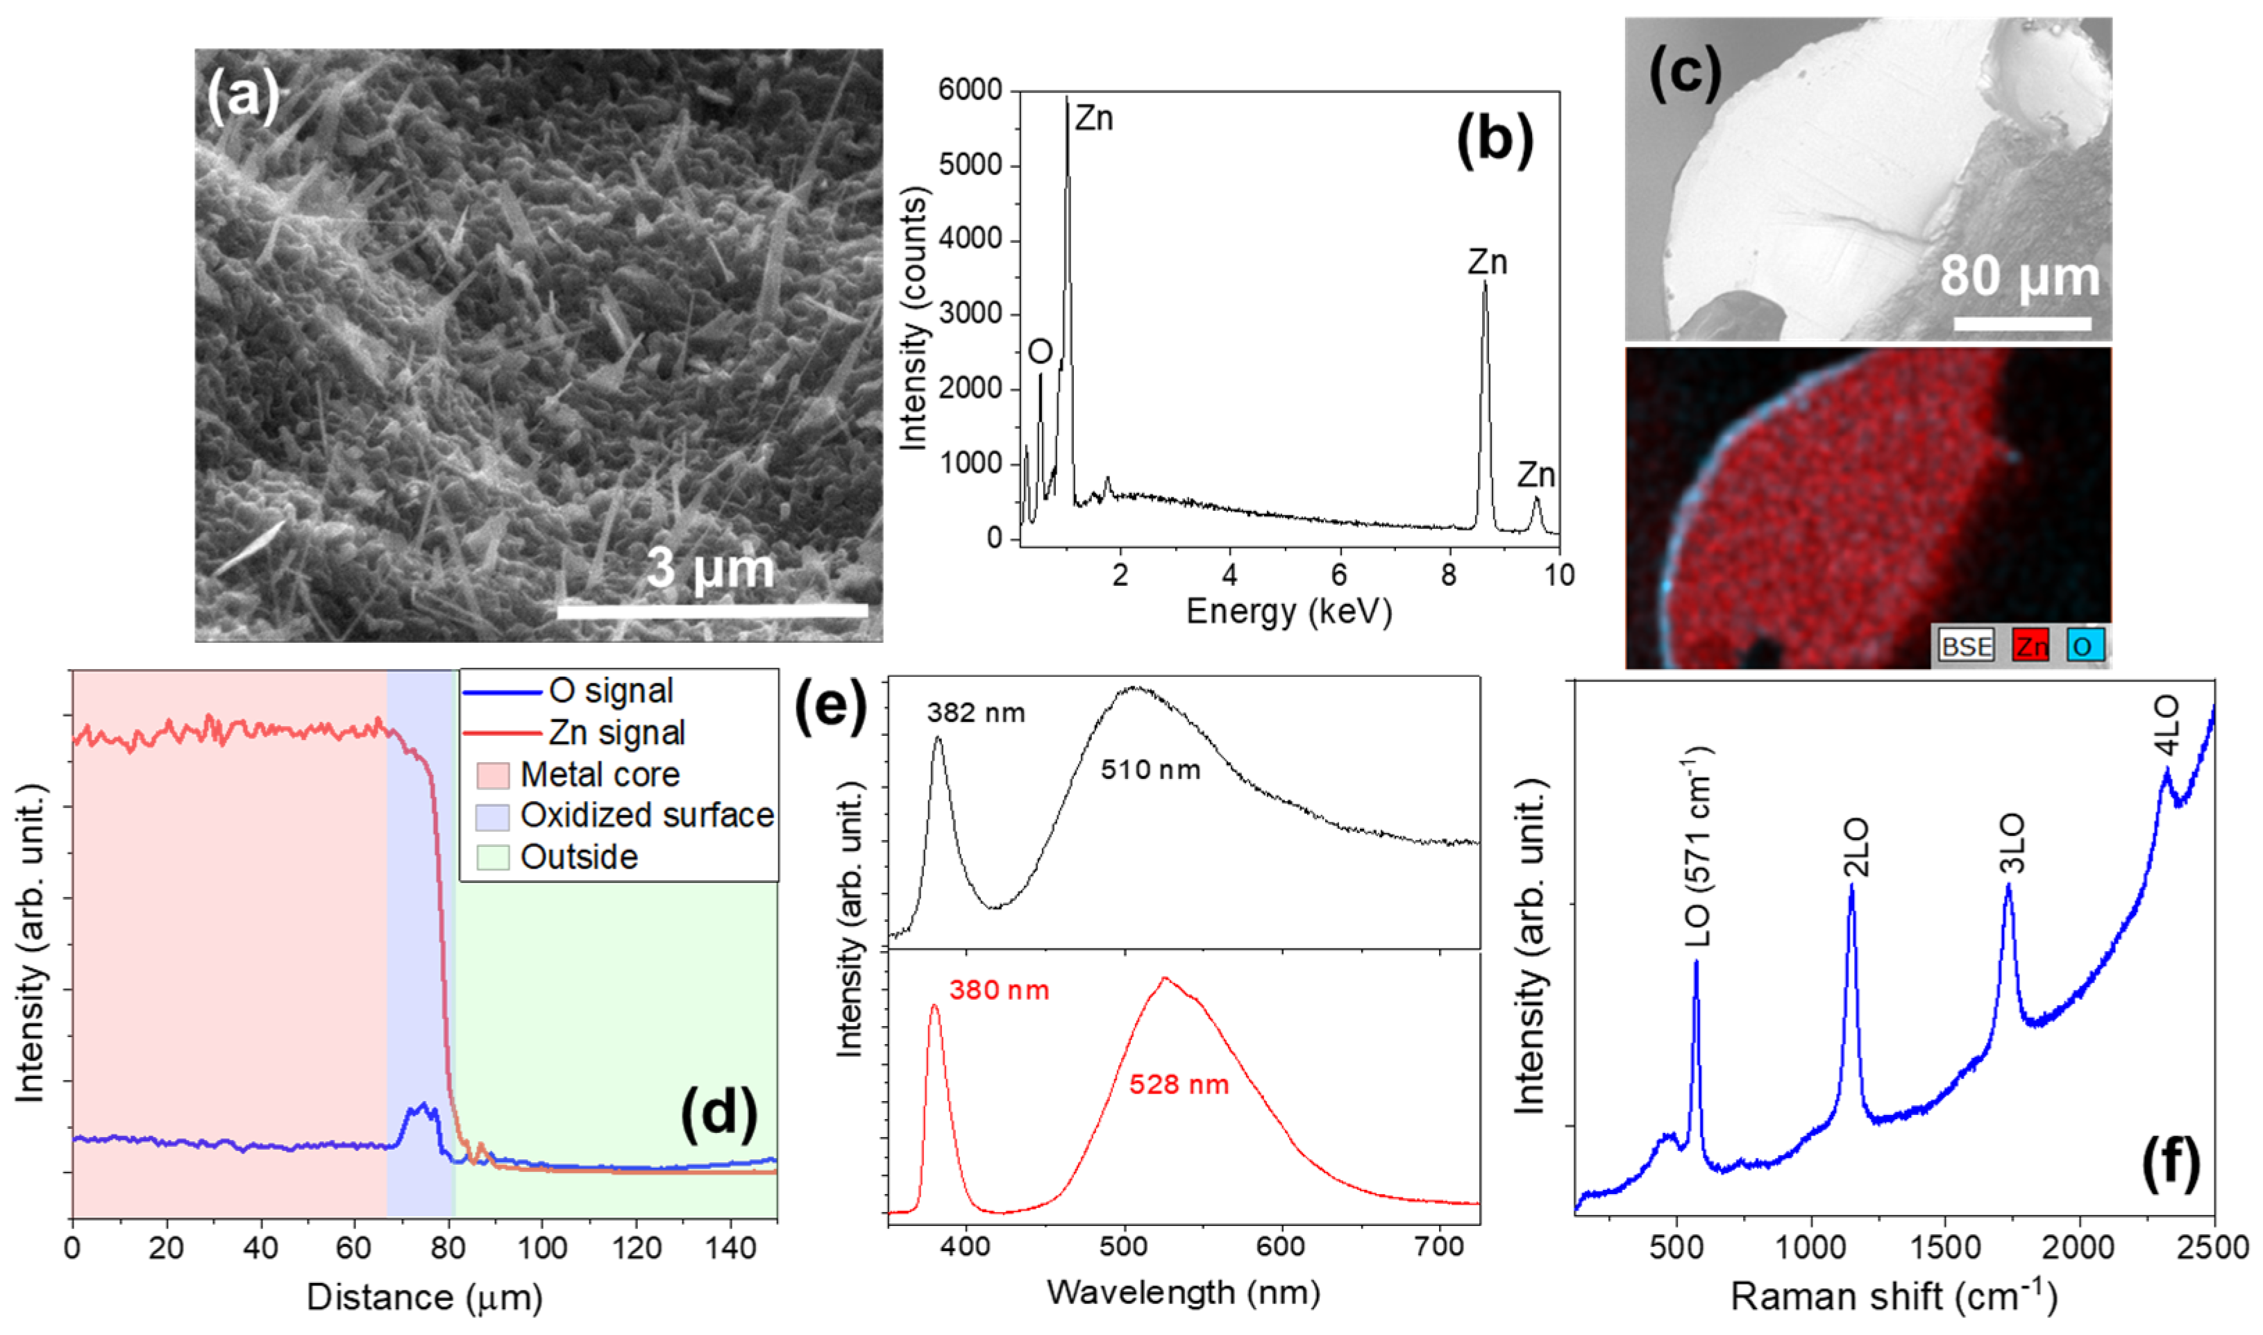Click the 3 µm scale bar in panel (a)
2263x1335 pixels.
point(712,611)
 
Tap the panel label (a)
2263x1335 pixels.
point(243,95)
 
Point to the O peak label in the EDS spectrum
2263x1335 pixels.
point(1040,352)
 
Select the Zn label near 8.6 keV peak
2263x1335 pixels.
point(1487,262)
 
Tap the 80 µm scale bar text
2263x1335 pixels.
point(2019,276)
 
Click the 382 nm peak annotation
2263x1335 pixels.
point(976,714)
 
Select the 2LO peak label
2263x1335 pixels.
point(1856,848)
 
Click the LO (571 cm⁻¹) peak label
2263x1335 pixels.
point(1697,846)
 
